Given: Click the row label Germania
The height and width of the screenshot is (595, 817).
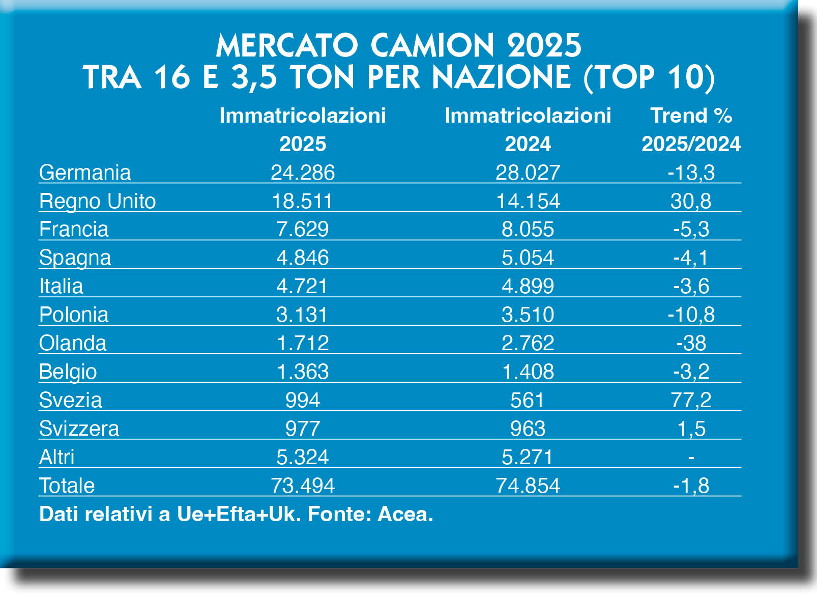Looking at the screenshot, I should (x=85, y=173).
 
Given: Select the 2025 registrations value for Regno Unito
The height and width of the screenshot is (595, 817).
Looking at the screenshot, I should (x=302, y=201).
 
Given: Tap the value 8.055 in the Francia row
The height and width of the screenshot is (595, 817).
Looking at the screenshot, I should (x=528, y=230).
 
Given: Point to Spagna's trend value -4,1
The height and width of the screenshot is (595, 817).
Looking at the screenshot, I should (x=690, y=258).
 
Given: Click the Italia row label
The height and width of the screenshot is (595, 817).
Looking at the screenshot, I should (x=61, y=286).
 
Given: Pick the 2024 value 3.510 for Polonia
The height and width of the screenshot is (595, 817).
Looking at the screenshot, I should (x=528, y=315).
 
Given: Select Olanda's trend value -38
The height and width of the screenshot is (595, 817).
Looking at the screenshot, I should (x=691, y=343).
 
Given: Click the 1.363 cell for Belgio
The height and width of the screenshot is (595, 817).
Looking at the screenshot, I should (x=303, y=372).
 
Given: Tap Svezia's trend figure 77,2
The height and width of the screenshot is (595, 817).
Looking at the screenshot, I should (x=691, y=400).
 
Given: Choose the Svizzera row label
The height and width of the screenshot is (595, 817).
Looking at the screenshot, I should (x=79, y=429).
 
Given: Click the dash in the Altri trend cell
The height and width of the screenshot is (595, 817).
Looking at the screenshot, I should (x=691, y=458).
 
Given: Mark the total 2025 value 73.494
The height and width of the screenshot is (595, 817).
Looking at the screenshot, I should (x=303, y=486).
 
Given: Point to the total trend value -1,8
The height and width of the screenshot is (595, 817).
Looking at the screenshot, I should (x=691, y=486).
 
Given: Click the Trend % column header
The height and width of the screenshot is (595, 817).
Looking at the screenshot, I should (x=691, y=116).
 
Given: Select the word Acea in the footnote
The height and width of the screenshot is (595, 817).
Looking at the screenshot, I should (x=405, y=514).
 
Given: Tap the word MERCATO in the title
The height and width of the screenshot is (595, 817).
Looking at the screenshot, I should (x=287, y=46).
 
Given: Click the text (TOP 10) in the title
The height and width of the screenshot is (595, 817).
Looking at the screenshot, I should (x=649, y=77).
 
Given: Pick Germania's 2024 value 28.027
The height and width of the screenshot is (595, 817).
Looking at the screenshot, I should (x=528, y=173).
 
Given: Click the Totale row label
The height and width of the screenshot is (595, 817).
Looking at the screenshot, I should (x=67, y=486).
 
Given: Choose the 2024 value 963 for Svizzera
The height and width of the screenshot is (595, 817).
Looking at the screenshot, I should (x=528, y=429).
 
